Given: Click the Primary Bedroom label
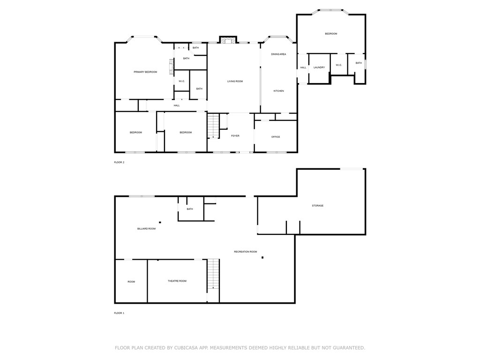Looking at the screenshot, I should point(145,72).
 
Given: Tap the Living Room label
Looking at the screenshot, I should point(235,82).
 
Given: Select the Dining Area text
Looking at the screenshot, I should point(278,54).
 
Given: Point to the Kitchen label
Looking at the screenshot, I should point(278,91).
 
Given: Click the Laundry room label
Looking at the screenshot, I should point(319,67).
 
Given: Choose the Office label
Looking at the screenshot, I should point(276,137).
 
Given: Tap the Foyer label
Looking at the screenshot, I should point(235,136).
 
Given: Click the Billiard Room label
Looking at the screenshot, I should point(146,229).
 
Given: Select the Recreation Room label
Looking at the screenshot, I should point(246,252).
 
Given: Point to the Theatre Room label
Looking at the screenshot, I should point(177,281).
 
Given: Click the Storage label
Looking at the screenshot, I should point(318,206).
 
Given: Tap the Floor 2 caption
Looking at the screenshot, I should point(119,162).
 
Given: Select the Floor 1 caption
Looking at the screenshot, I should point(119,313).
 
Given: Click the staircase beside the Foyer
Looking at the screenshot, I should point(213,127).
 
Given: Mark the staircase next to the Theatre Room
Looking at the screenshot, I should point(213,274).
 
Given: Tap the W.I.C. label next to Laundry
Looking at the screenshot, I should point(339,65).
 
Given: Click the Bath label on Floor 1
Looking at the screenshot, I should point(190,209).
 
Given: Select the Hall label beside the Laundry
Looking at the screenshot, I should point(303,67).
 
